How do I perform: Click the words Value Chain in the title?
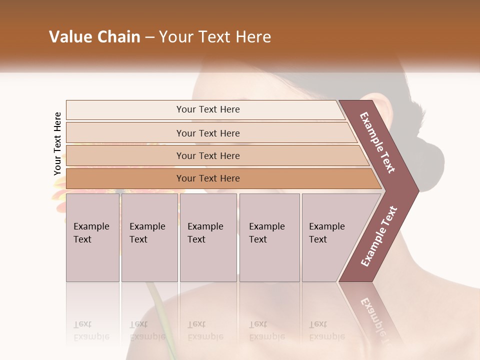click(94, 37)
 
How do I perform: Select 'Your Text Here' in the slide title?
click(215, 37)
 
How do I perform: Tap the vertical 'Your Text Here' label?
click(57, 143)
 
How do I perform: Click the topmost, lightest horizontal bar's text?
click(208, 109)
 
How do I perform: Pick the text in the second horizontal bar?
click(208, 133)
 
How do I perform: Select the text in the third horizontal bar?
click(208, 155)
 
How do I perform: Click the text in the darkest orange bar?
click(208, 178)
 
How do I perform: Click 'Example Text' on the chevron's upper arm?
click(377, 142)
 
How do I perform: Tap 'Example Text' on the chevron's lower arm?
click(379, 236)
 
